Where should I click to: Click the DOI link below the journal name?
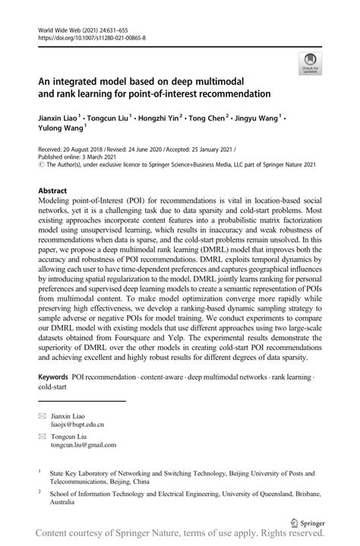point(91,37)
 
